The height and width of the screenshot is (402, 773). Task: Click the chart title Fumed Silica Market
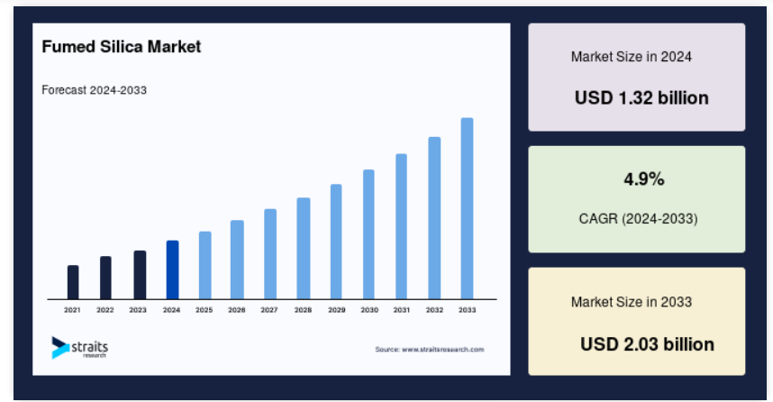click(122, 47)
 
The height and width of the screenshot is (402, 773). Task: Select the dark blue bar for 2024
click(173, 270)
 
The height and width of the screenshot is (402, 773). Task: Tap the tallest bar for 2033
click(467, 208)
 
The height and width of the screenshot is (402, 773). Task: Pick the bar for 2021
click(73, 282)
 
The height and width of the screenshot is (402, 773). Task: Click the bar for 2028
click(304, 249)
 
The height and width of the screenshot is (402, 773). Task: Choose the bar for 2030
click(368, 234)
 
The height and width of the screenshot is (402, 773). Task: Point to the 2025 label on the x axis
click(205, 310)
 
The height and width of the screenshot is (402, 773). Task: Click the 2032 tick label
click(434, 310)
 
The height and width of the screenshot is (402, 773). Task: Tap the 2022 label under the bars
click(105, 310)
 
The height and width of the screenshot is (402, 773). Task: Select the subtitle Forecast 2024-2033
click(95, 90)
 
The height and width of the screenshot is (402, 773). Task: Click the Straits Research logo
click(80, 347)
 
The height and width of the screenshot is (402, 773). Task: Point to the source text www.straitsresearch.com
click(442, 349)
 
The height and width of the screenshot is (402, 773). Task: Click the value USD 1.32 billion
click(641, 97)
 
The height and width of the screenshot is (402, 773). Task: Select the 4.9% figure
click(644, 179)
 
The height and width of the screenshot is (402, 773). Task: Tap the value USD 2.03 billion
click(647, 344)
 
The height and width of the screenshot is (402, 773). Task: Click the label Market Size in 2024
click(631, 57)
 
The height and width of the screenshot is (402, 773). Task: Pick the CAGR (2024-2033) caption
click(638, 218)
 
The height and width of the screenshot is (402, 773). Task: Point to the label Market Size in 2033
click(632, 302)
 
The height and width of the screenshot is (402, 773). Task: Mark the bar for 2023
click(140, 275)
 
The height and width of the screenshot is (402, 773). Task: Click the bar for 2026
click(237, 260)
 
